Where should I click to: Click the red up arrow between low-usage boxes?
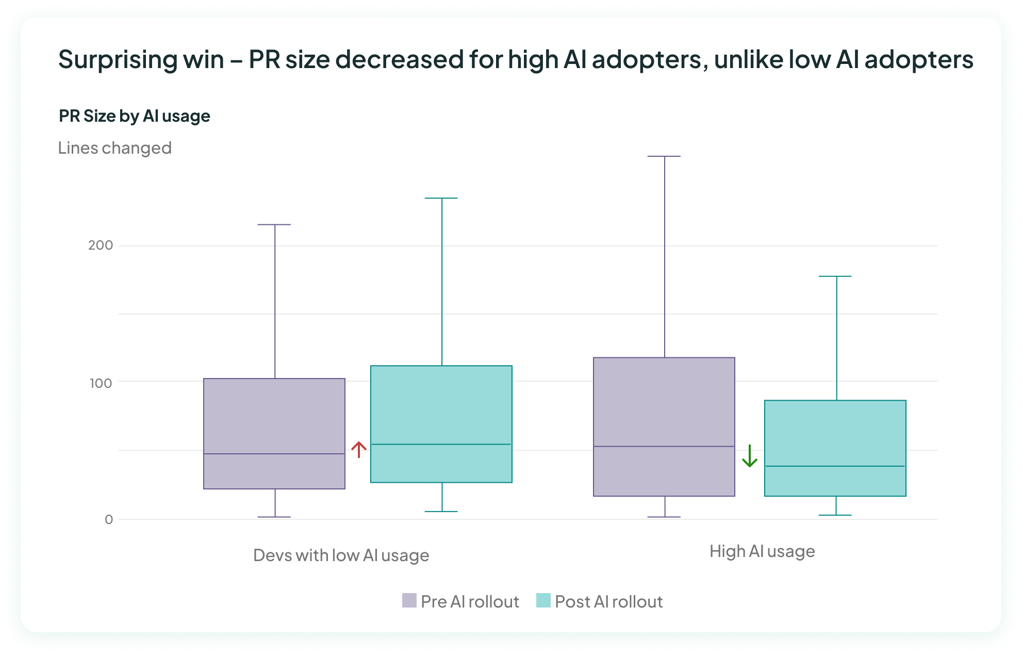(359, 449)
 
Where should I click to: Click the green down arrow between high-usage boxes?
(749, 456)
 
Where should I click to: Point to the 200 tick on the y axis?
(101, 245)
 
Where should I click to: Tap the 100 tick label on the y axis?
(101, 383)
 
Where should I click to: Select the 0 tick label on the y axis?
(109, 520)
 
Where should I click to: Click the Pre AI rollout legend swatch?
(409, 601)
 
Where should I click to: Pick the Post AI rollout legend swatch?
(543, 601)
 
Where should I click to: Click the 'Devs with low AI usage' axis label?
(341, 555)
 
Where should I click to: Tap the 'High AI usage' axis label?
(762, 551)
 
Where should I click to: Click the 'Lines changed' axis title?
(114, 148)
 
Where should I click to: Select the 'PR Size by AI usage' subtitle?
(134, 116)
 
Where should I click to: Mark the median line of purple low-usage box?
(274, 454)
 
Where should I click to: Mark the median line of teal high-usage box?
(835, 466)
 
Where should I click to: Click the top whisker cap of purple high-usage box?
(664, 156)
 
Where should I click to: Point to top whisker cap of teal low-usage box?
(441, 198)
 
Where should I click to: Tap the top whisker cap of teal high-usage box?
(835, 276)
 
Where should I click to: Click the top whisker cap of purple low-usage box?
(274, 225)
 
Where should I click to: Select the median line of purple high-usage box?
(664, 446)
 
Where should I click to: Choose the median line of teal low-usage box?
(441, 444)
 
